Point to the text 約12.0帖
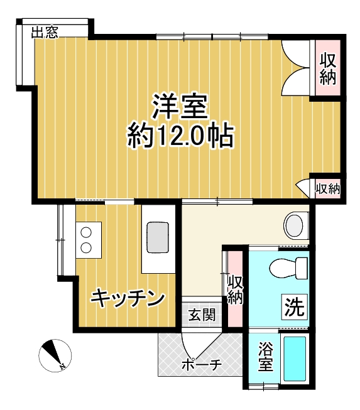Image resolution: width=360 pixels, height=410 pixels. pyautogui.click(x=180, y=134)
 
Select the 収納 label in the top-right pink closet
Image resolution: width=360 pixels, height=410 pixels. pyautogui.click(x=327, y=69)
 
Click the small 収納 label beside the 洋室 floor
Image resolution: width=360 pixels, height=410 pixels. pyautogui.click(x=327, y=188)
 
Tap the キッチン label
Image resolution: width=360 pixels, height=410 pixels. pyautogui.click(x=128, y=298)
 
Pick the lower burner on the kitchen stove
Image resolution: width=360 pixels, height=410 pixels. pyautogui.click(x=86, y=247)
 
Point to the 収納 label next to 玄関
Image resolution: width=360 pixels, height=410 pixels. pyautogui.click(x=235, y=289)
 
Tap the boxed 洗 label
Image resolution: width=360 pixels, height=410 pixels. pyautogui.click(x=293, y=308)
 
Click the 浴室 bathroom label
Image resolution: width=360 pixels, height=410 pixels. pyautogui.click(x=266, y=357)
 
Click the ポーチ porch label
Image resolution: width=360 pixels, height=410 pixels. pyautogui.click(x=200, y=365)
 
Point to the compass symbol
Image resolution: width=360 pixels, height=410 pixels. pyautogui.click(x=52, y=355)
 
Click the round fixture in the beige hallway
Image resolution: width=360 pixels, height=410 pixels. pyautogui.click(x=294, y=225)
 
